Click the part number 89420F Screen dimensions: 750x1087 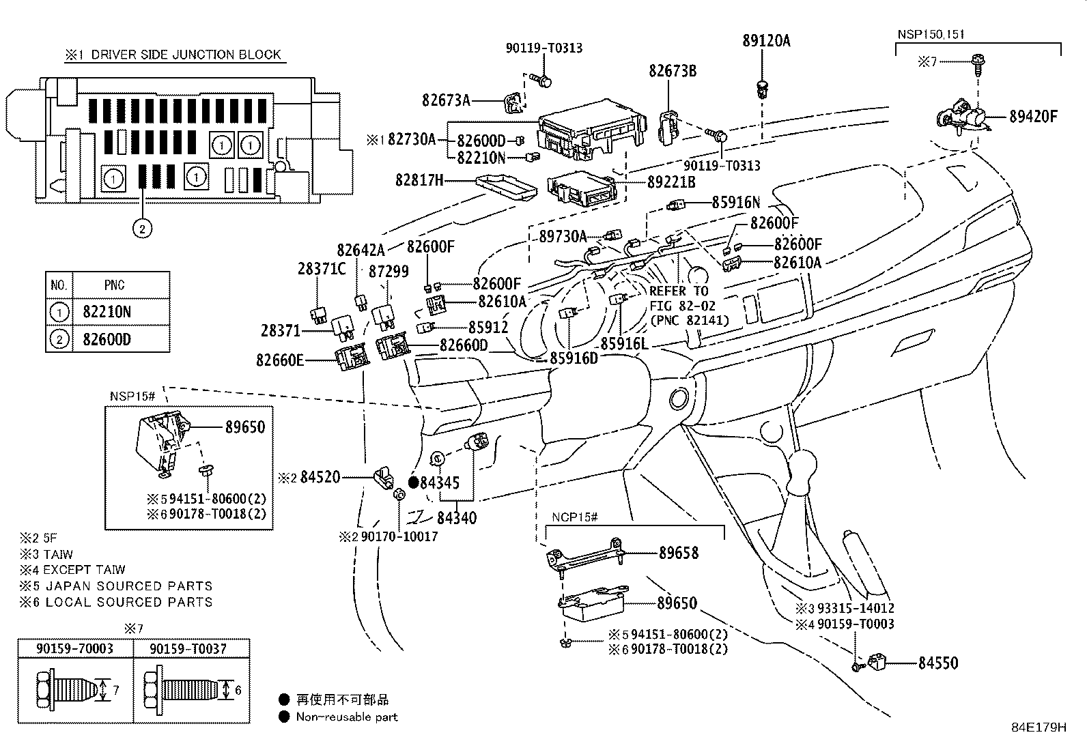pyautogui.click(x=1033, y=116)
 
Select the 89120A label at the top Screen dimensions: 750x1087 pyautogui.click(x=766, y=41)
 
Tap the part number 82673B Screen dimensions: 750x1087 pyautogui.click(x=673, y=70)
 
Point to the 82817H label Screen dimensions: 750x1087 pyautogui.click(x=419, y=180)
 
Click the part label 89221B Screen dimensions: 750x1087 pyautogui.click(x=671, y=182)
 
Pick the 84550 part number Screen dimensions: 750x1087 pyautogui.click(x=937, y=663)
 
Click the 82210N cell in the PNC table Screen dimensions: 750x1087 pyautogui.click(x=107, y=312)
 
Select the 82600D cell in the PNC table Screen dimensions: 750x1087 pyautogui.click(x=107, y=339)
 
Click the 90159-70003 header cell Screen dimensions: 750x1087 pyautogui.click(x=74, y=648)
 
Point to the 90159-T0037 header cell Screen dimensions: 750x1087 pyautogui.click(x=191, y=648)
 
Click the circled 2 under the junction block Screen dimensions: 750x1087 pyautogui.click(x=142, y=229)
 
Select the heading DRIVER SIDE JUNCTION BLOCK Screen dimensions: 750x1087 pyautogui.click(x=186, y=55)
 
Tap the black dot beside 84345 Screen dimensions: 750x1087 pyautogui.click(x=413, y=482)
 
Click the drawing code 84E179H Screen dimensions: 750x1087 pyautogui.click(x=1039, y=727)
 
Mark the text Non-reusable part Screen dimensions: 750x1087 pyautogui.click(x=346, y=717)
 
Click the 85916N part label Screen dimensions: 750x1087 pyautogui.click(x=735, y=202)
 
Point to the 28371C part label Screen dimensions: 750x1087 pyautogui.click(x=322, y=268)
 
